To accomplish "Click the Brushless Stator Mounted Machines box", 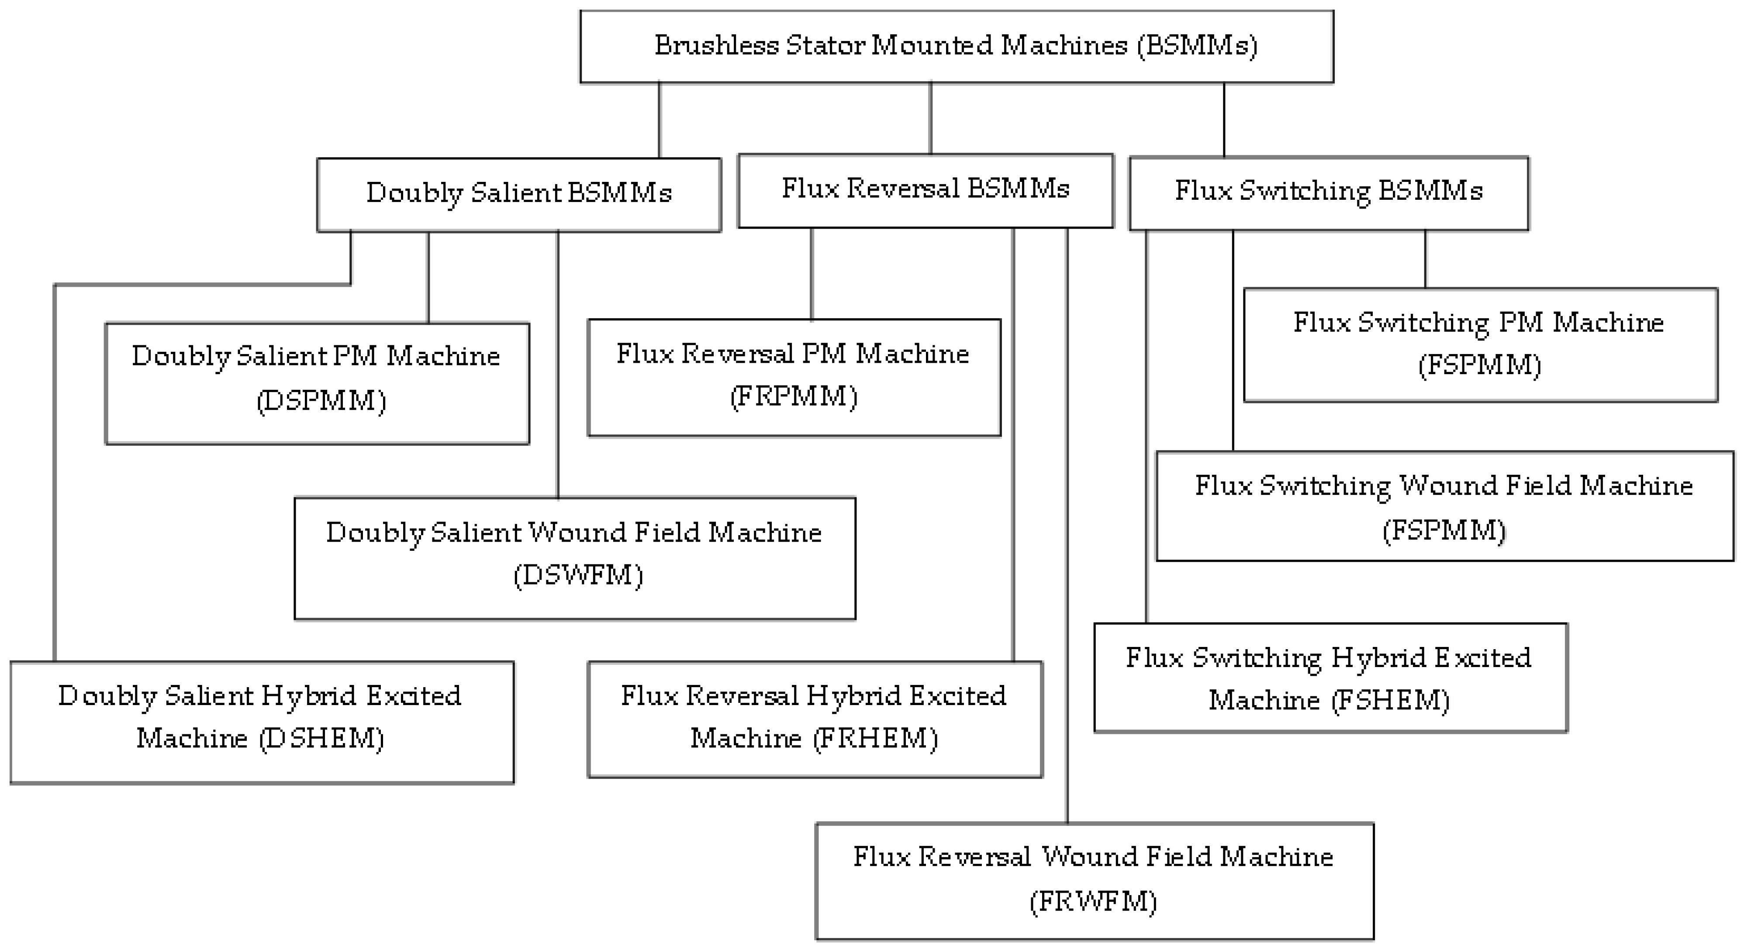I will coord(956,46).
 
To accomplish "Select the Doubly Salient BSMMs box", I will coord(518,194).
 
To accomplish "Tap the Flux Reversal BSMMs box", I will coord(925,190).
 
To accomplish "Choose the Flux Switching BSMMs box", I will coord(1328,192).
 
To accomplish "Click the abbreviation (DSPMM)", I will coord(321,401).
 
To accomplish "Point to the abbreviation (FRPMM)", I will coord(794,396).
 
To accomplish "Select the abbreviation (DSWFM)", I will coord(577,576).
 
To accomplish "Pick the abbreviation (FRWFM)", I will coord(1093,902).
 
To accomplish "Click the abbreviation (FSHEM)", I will coord(1391,700).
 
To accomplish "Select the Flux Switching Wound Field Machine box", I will coord(1444,506).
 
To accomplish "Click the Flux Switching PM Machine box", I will coord(1480,345).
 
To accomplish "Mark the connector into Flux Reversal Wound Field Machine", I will coord(1067,528).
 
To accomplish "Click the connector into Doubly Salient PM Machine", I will coord(428,278).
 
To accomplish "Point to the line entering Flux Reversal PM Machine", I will coord(812,275).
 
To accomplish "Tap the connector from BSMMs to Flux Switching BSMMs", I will coord(1224,120).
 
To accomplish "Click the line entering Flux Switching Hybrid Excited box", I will coord(1146,427).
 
